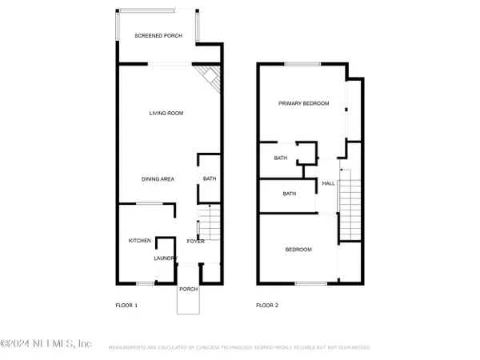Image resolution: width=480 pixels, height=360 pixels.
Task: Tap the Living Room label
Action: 166,114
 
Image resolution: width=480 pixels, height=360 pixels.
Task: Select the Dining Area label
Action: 158,179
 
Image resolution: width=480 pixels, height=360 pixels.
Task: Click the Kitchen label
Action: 140,241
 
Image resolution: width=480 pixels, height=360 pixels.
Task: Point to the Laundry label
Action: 165,258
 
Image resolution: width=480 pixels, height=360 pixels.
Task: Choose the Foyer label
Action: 195,241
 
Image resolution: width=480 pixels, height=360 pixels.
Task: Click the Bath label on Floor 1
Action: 210,179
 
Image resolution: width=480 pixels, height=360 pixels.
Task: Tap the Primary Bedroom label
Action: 303,103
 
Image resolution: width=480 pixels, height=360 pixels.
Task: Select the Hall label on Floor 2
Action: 328,183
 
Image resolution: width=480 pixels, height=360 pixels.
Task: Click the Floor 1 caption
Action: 127,305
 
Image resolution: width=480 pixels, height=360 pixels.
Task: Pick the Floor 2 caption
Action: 266,305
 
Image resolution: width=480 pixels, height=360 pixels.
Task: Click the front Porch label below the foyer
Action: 188,290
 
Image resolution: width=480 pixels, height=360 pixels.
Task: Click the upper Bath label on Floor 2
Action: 281,158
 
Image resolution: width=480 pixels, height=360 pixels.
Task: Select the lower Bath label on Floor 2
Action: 290,194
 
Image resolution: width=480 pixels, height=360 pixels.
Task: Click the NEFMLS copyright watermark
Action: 46,344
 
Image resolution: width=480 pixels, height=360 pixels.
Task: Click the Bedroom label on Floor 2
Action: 298,250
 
